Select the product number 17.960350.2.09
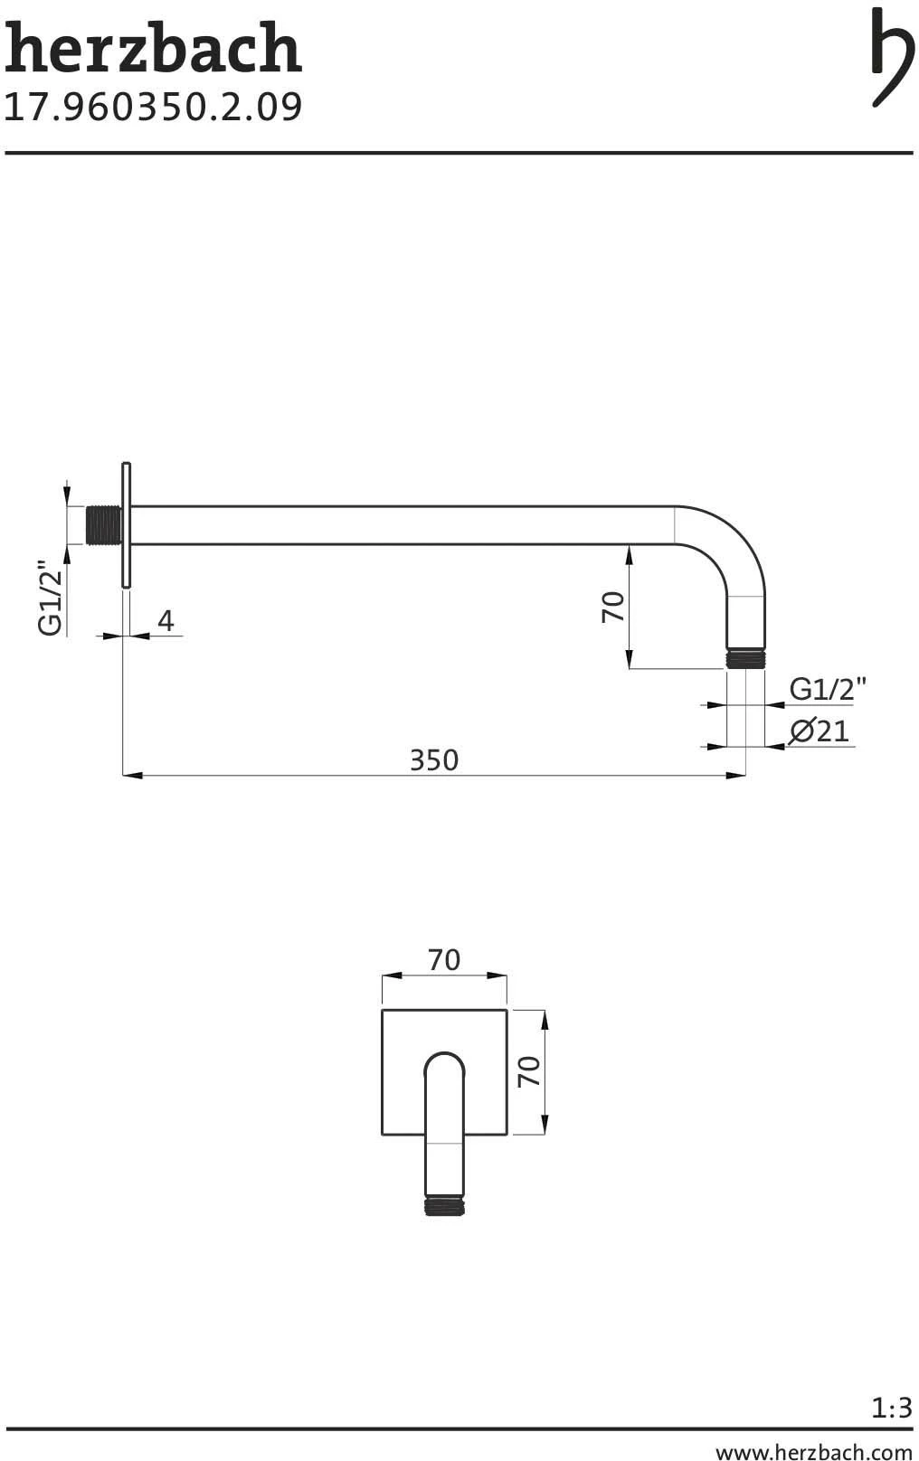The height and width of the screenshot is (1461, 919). [153, 107]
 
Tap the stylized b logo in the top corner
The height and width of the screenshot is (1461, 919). [891, 56]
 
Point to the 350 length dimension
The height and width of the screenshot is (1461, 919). [434, 760]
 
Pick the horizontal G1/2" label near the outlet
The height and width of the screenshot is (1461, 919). [828, 689]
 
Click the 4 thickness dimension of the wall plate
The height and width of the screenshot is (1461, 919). [166, 621]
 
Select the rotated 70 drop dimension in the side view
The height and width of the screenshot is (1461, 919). [613, 607]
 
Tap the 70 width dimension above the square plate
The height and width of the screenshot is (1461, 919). [444, 960]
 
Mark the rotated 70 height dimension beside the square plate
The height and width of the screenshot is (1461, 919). [529, 1071]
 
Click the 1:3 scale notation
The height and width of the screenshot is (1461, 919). [892, 1408]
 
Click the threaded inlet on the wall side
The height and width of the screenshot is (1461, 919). [104, 525]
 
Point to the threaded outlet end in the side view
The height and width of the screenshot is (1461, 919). [745, 658]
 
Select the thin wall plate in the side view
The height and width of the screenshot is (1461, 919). [126, 525]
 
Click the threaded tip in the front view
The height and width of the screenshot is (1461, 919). [444, 1205]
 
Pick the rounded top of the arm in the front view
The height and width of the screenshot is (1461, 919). [444, 1064]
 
